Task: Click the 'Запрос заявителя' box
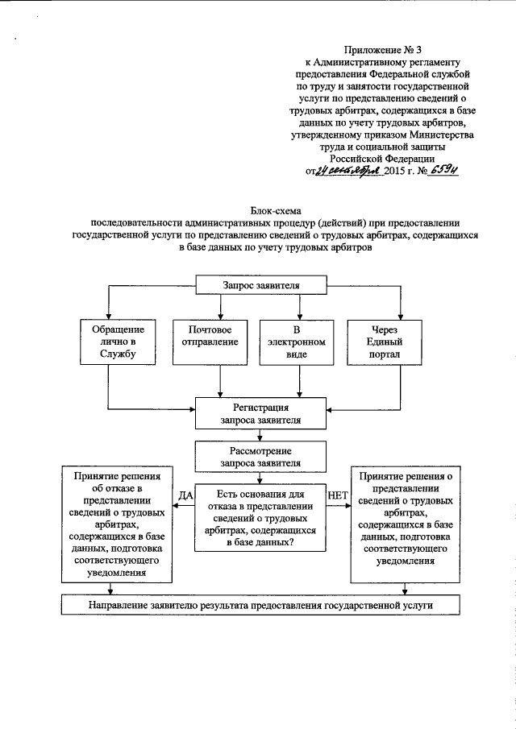click(x=261, y=286)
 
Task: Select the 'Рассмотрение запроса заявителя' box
click(x=261, y=457)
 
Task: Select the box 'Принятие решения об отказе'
click(x=118, y=524)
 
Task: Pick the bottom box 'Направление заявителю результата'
click(x=261, y=604)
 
